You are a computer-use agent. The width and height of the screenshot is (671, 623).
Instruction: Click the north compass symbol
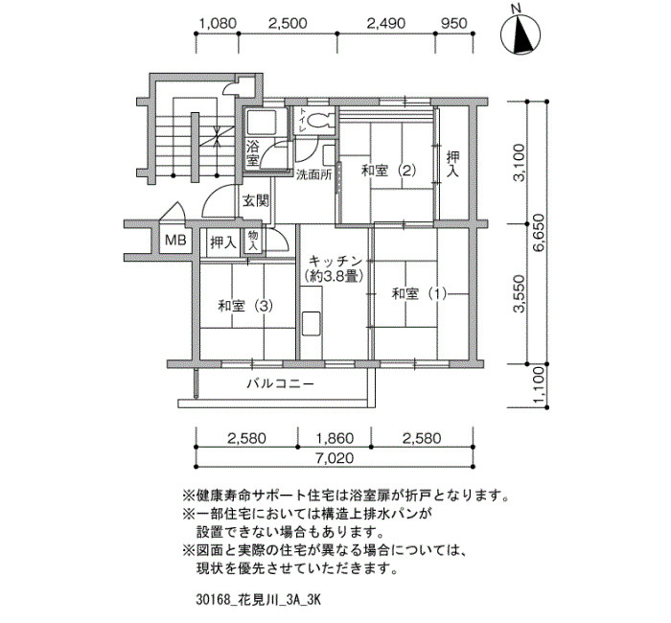[521, 35]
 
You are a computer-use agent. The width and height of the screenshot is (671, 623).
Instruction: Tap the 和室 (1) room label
[420, 294]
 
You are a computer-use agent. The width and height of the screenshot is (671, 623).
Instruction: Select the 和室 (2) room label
[388, 171]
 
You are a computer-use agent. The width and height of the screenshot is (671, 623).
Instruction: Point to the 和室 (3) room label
[245, 306]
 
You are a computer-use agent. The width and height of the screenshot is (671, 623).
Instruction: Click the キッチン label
[335, 261]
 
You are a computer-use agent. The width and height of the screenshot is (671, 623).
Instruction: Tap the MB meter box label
[175, 240]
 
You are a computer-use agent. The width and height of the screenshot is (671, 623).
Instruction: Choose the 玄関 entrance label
[256, 200]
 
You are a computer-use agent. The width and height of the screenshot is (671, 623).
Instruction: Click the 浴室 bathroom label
[252, 153]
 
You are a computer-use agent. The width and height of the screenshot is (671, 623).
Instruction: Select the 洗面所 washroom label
[314, 174]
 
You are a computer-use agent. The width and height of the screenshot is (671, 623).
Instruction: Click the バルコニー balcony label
[280, 383]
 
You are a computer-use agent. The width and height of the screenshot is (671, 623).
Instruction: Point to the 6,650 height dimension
[540, 233]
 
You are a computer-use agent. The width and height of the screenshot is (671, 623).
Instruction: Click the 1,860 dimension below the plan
[335, 438]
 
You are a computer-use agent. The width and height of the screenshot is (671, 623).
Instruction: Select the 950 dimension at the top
[453, 23]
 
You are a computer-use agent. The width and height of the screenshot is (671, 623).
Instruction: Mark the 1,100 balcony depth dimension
[540, 385]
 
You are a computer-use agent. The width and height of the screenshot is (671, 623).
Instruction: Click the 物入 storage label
[252, 241]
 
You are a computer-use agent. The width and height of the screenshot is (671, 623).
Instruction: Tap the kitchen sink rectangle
[312, 324]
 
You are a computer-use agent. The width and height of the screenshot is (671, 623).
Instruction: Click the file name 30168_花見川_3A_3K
[258, 600]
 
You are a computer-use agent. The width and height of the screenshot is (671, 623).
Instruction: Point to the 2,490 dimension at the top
[386, 23]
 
